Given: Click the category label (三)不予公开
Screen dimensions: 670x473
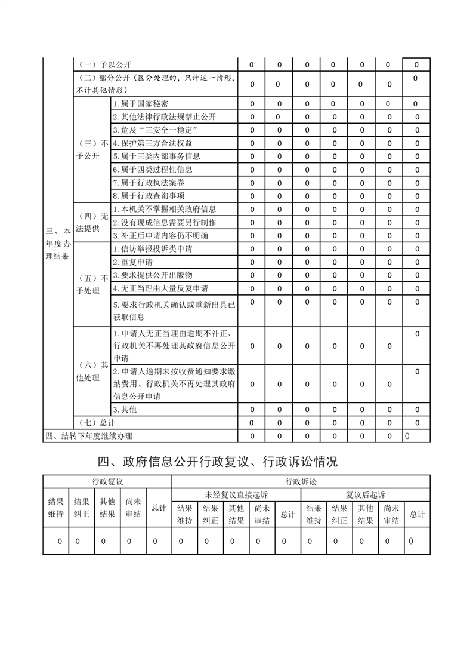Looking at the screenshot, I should (91, 150).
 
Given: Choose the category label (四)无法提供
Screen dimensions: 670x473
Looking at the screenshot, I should (91, 222).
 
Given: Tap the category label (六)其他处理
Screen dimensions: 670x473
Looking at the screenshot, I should (91, 372).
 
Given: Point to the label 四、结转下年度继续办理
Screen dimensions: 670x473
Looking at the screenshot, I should (89, 436).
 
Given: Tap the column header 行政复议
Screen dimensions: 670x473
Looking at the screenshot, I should (107, 481).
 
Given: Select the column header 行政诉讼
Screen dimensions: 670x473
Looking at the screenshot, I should (301, 481).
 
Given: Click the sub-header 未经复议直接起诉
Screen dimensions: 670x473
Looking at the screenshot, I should (236, 495).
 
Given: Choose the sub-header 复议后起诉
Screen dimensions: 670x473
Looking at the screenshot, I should (365, 495).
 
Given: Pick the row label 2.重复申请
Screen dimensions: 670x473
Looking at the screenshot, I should (131, 262).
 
